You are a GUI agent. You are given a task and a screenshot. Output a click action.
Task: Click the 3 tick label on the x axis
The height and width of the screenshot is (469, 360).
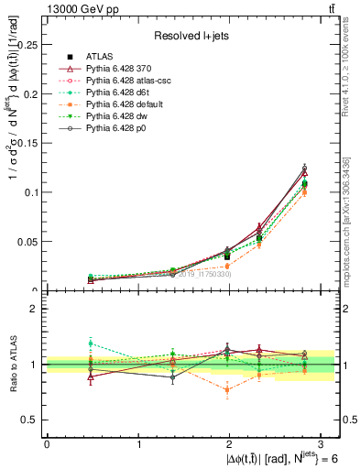click(x=322, y=443)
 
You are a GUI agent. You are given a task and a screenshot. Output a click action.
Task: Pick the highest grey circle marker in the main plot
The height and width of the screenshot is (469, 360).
click(x=305, y=168)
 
